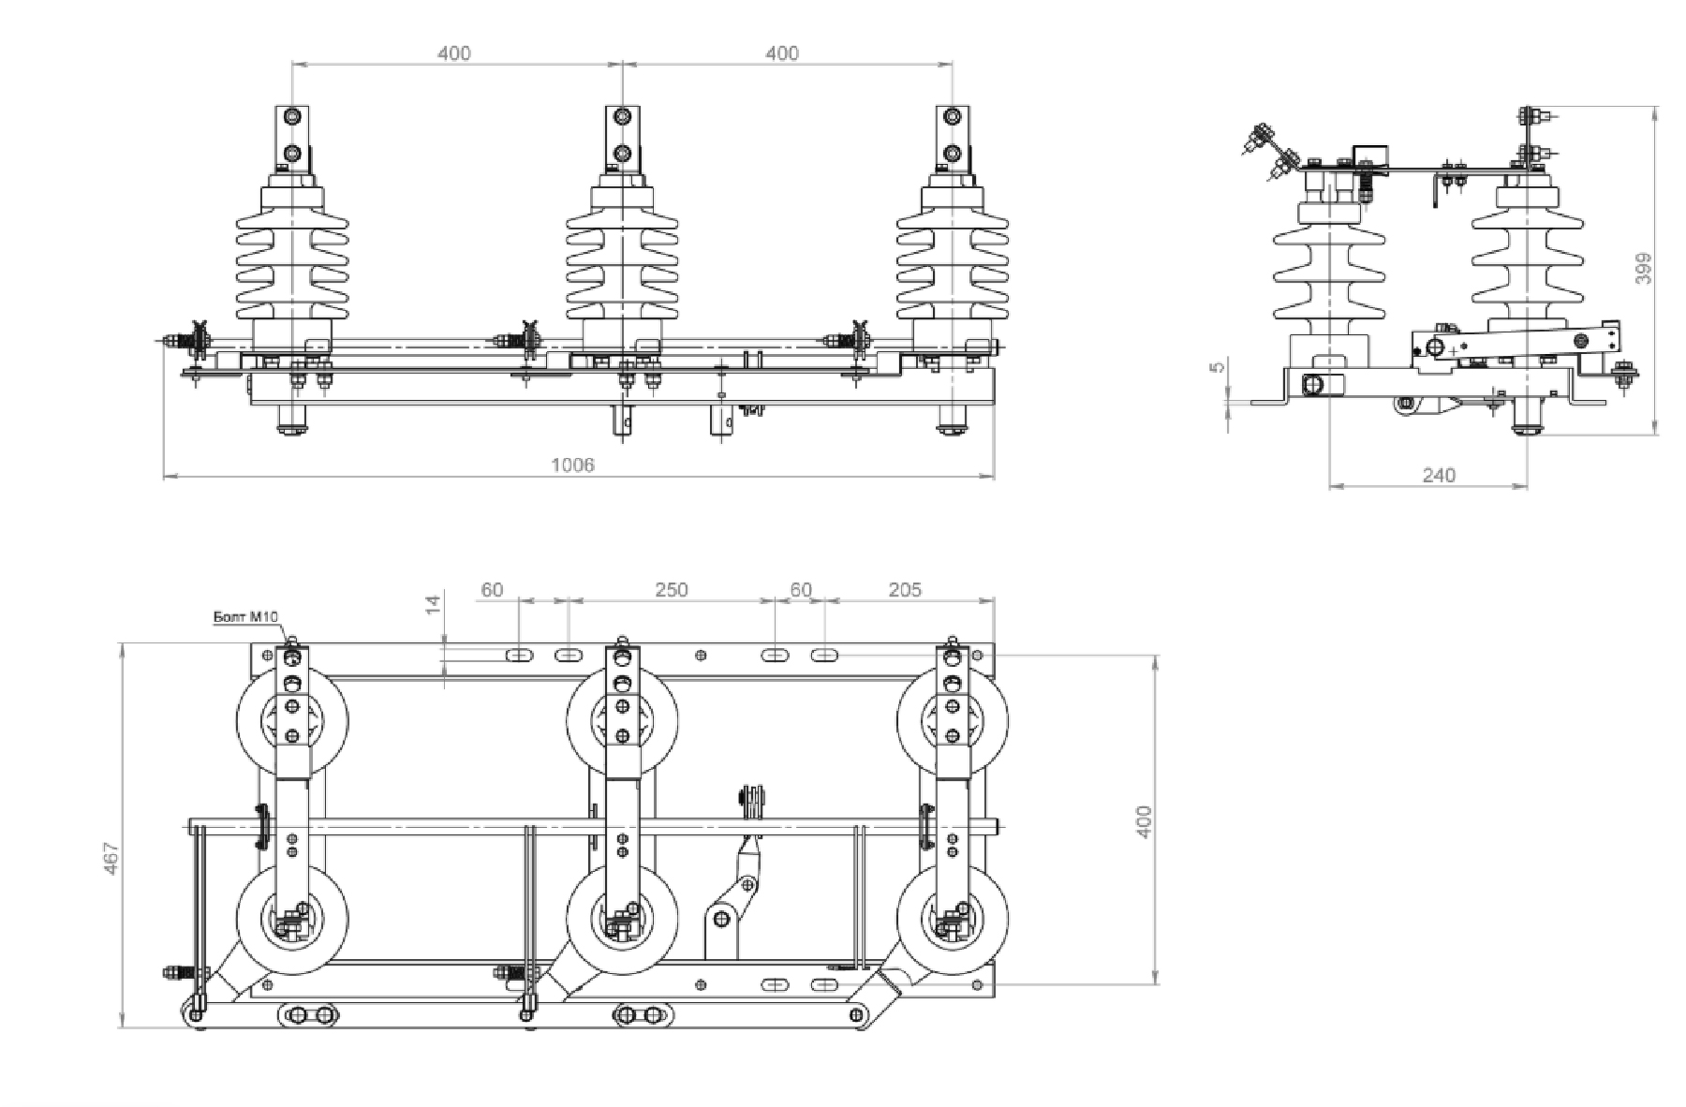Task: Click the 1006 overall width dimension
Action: [572, 465]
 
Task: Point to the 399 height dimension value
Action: [1643, 269]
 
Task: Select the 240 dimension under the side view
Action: [1439, 476]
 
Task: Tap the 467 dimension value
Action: [111, 860]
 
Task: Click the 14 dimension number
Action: [433, 604]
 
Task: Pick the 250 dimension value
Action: [671, 590]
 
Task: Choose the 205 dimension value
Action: [905, 590]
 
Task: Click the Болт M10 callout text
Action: [245, 616]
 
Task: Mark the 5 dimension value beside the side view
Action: [1218, 367]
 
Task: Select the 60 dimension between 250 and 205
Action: [801, 590]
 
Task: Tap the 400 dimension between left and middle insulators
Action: [454, 53]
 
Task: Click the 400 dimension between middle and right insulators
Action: [782, 53]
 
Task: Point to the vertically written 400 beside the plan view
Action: [1143, 821]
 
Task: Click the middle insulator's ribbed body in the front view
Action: [622, 267]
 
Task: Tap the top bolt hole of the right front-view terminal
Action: [952, 117]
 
